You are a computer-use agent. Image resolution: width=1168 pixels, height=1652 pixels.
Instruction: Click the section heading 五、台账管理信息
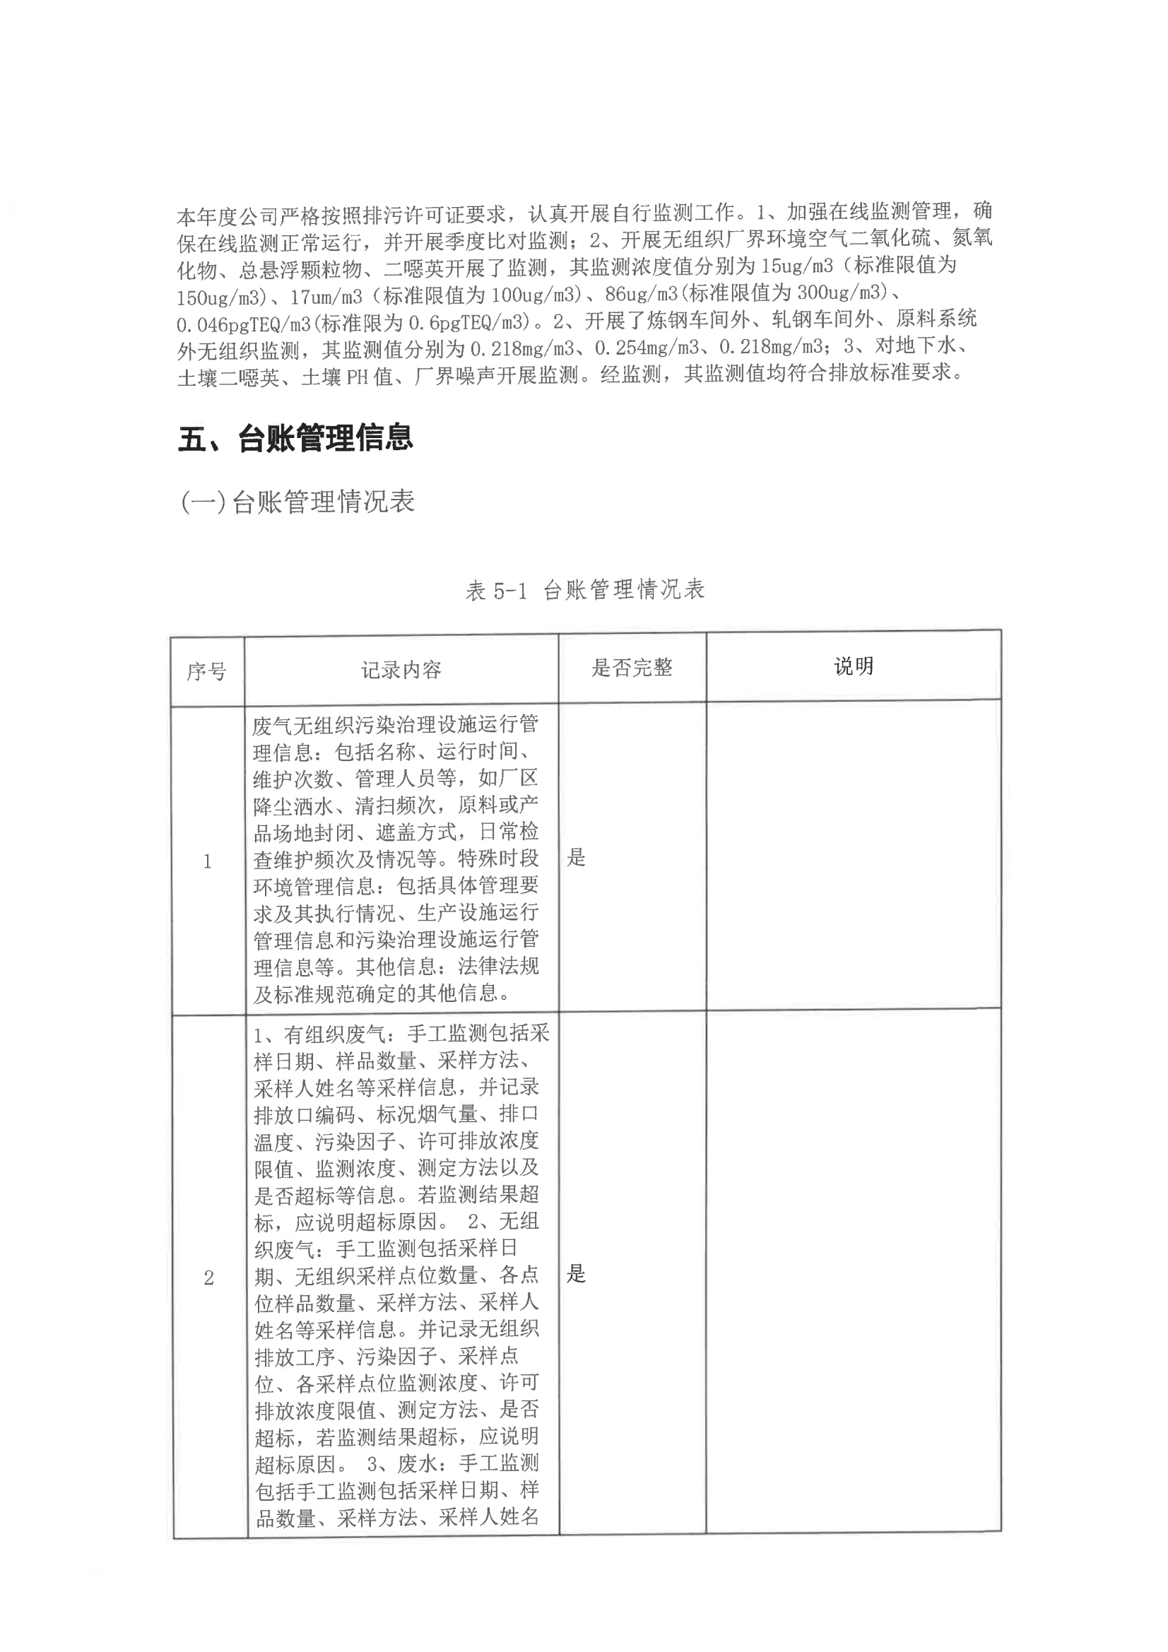click(295, 438)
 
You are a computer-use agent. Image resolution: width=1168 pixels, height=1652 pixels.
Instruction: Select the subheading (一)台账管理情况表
click(297, 502)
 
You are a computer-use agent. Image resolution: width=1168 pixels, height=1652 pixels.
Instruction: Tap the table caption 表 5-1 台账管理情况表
click(584, 590)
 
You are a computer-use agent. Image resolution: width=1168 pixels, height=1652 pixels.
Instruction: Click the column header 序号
click(206, 671)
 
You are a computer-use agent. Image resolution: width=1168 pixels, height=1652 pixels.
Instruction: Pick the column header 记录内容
click(401, 670)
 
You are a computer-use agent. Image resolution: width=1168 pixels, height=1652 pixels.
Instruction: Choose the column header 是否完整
click(631, 668)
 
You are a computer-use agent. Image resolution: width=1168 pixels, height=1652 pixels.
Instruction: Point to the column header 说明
click(853, 666)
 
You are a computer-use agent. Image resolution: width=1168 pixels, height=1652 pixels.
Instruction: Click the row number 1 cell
click(207, 861)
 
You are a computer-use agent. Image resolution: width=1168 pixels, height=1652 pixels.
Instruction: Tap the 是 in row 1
click(577, 857)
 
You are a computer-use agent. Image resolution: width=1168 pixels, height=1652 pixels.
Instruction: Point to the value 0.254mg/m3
click(647, 348)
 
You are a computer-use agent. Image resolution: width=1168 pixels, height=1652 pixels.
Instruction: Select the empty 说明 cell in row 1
click(853, 854)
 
